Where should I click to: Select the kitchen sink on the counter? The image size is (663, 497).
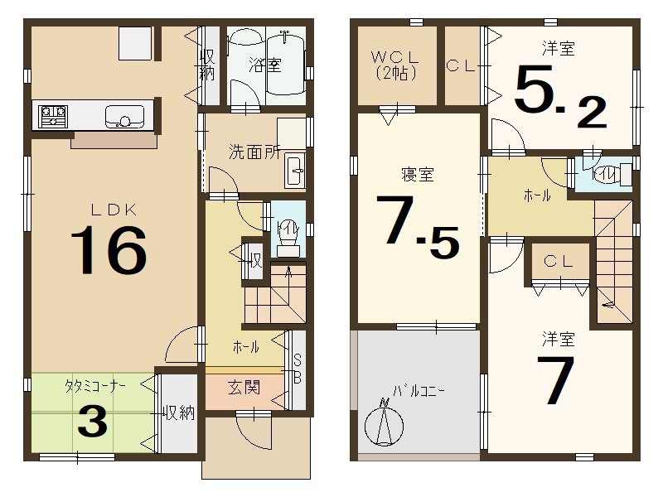click(123, 117)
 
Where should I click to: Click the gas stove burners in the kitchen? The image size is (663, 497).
click(52, 114)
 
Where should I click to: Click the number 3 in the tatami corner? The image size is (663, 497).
click(92, 422)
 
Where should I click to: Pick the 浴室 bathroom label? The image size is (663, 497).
click(265, 65)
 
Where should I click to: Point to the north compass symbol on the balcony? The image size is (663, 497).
click(384, 422)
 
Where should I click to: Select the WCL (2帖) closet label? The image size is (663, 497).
click(394, 65)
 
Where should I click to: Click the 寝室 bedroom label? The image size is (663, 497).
click(419, 175)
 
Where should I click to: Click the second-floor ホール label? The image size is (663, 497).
click(535, 196)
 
